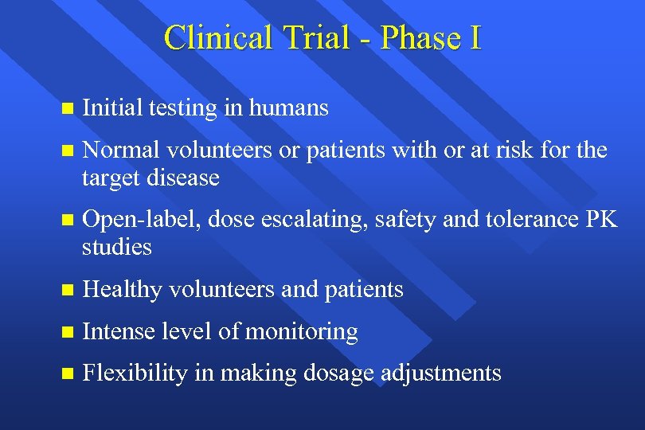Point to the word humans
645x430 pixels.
click(288, 107)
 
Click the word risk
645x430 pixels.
click(532, 150)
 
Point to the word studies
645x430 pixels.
click(116, 247)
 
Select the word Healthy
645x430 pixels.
click(119, 289)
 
